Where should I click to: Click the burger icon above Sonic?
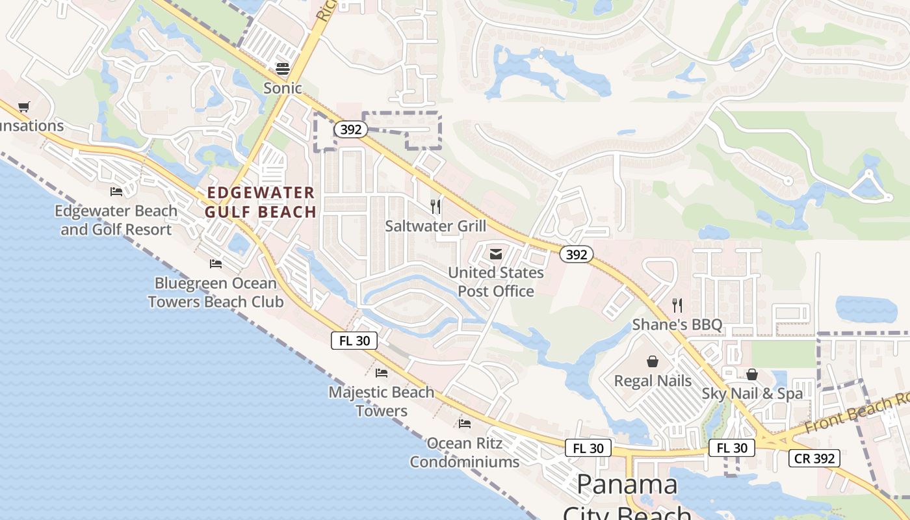tap(283, 68)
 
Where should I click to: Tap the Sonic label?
tap(283, 88)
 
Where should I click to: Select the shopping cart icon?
tap(24, 107)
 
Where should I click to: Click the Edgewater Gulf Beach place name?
tap(261, 202)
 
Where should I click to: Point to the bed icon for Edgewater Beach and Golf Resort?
tap(116, 191)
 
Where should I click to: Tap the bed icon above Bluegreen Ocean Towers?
tap(216, 263)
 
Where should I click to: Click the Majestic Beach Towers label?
tap(382, 401)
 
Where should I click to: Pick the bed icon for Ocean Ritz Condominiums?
tap(465, 423)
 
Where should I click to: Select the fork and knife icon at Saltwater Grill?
tap(435, 207)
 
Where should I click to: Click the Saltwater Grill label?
tap(435, 226)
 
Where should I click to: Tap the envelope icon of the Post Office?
tap(496, 254)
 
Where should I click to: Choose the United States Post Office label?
tap(496, 281)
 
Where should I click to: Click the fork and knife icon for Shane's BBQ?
tap(677, 305)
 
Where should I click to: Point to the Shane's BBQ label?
tap(677, 324)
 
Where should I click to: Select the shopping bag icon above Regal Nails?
tap(653, 361)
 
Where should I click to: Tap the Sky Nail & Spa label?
tap(752, 393)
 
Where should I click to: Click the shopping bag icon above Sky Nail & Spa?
tap(752, 374)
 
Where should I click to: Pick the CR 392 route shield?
tap(814, 458)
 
